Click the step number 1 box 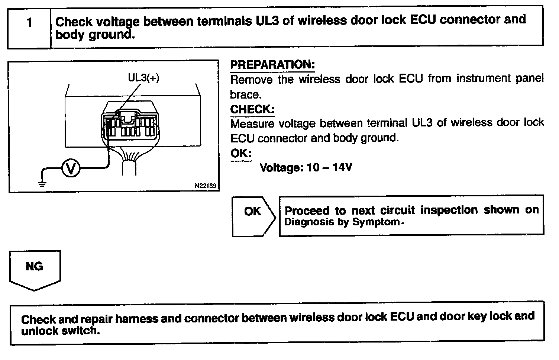[29, 23]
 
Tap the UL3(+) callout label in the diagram [143, 78]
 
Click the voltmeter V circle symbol [70, 169]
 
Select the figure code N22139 [205, 186]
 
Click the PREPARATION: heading [272, 65]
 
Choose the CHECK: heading [252, 109]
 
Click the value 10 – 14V [329, 167]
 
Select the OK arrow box [253, 216]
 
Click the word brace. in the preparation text [246, 94]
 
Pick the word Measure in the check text [252, 123]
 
